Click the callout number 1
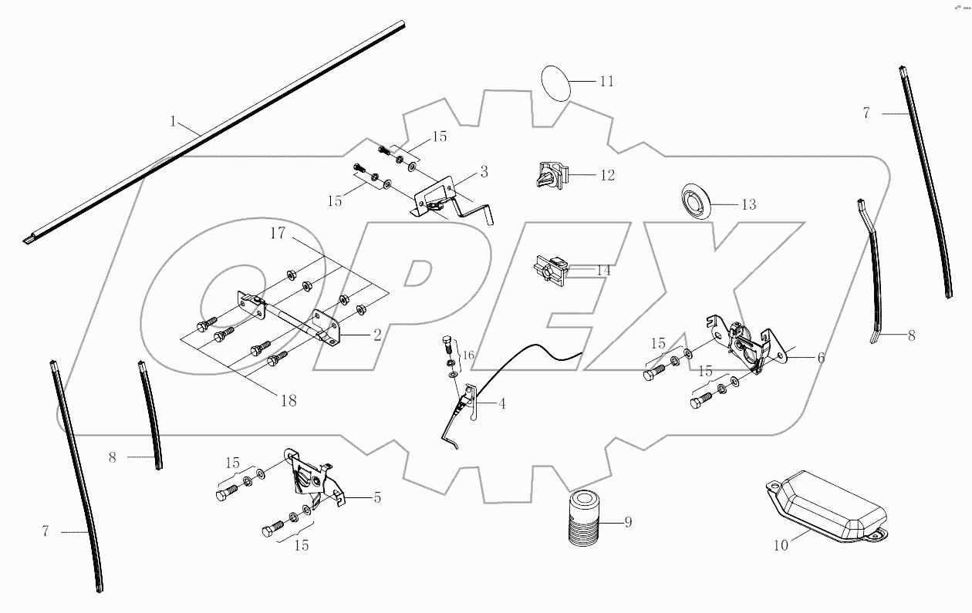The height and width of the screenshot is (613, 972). [174, 122]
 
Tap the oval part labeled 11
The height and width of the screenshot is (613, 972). [555, 82]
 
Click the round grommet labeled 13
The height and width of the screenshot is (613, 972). [696, 203]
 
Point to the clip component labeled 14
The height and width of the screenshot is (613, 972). [551, 270]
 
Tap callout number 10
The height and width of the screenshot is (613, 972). [781, 546]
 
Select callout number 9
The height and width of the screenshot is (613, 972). [628, 523]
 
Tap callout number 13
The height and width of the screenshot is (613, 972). [748, 205]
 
